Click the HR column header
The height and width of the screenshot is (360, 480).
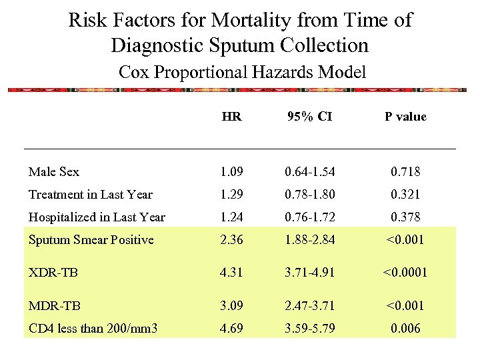coord(231,117)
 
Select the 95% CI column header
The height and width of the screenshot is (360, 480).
coord(309,117)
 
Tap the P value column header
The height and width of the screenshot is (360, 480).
coord(405,117)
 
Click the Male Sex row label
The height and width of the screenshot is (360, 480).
coord(53,172)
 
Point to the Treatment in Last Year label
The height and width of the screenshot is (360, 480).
coord(90,195)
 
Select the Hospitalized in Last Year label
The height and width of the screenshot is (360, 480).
coord(97,217)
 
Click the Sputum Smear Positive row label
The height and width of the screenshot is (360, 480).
coord(91,240)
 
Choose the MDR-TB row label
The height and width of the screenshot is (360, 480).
coord(54,306)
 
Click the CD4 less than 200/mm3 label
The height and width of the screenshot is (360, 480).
coord(93,328)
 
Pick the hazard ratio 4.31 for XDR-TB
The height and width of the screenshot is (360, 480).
coord(231,273)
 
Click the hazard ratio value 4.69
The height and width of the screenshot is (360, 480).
coord(231,328)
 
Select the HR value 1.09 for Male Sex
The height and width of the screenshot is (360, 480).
coord(231,172)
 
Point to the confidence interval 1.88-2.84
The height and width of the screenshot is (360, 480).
coord(309,240)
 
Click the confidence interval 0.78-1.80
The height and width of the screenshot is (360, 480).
coord(309,195)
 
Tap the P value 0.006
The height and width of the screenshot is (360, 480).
coord(405,328)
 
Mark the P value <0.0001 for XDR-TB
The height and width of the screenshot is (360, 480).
coord(405,273)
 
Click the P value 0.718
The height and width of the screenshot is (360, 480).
coord(405,172)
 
